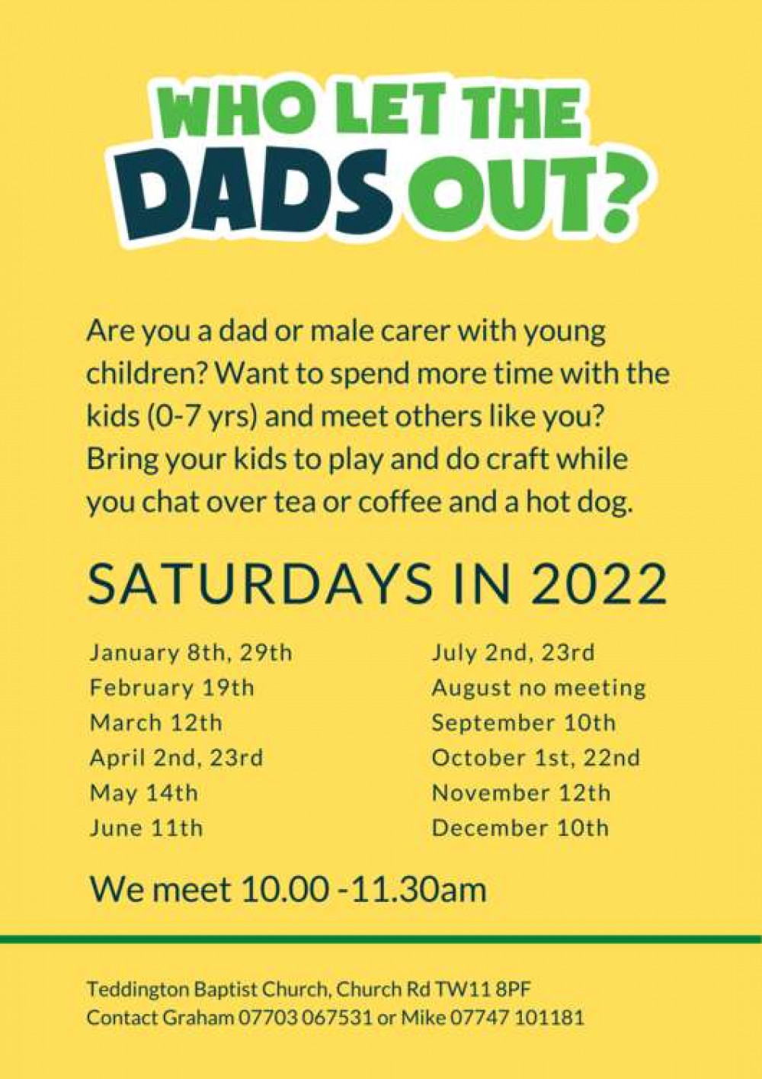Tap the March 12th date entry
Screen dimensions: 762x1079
point(156,724)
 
